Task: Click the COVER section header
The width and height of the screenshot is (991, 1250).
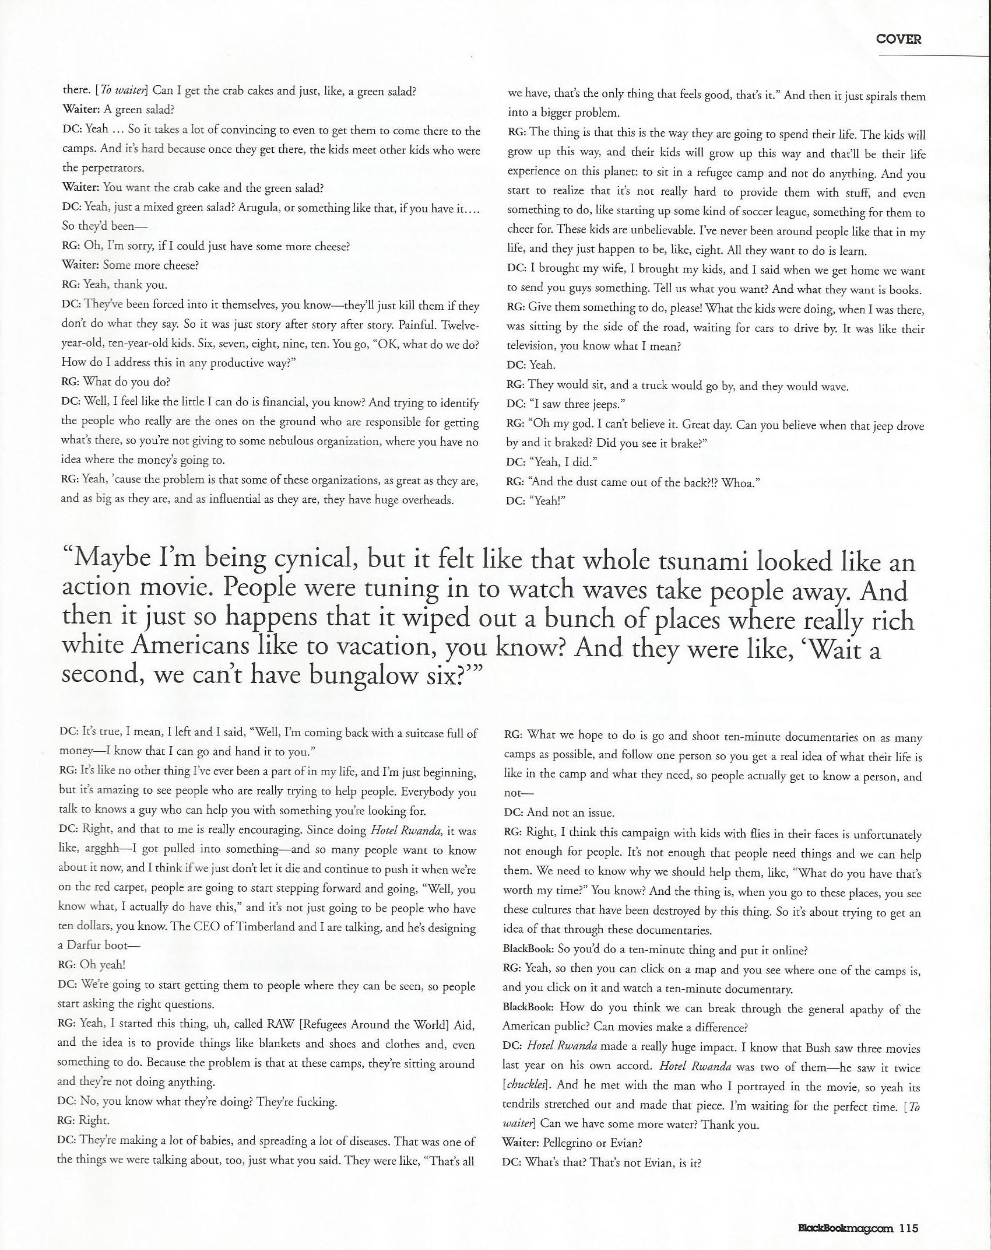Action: click(898, 39)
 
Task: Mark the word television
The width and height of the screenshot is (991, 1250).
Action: click(530, 346)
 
